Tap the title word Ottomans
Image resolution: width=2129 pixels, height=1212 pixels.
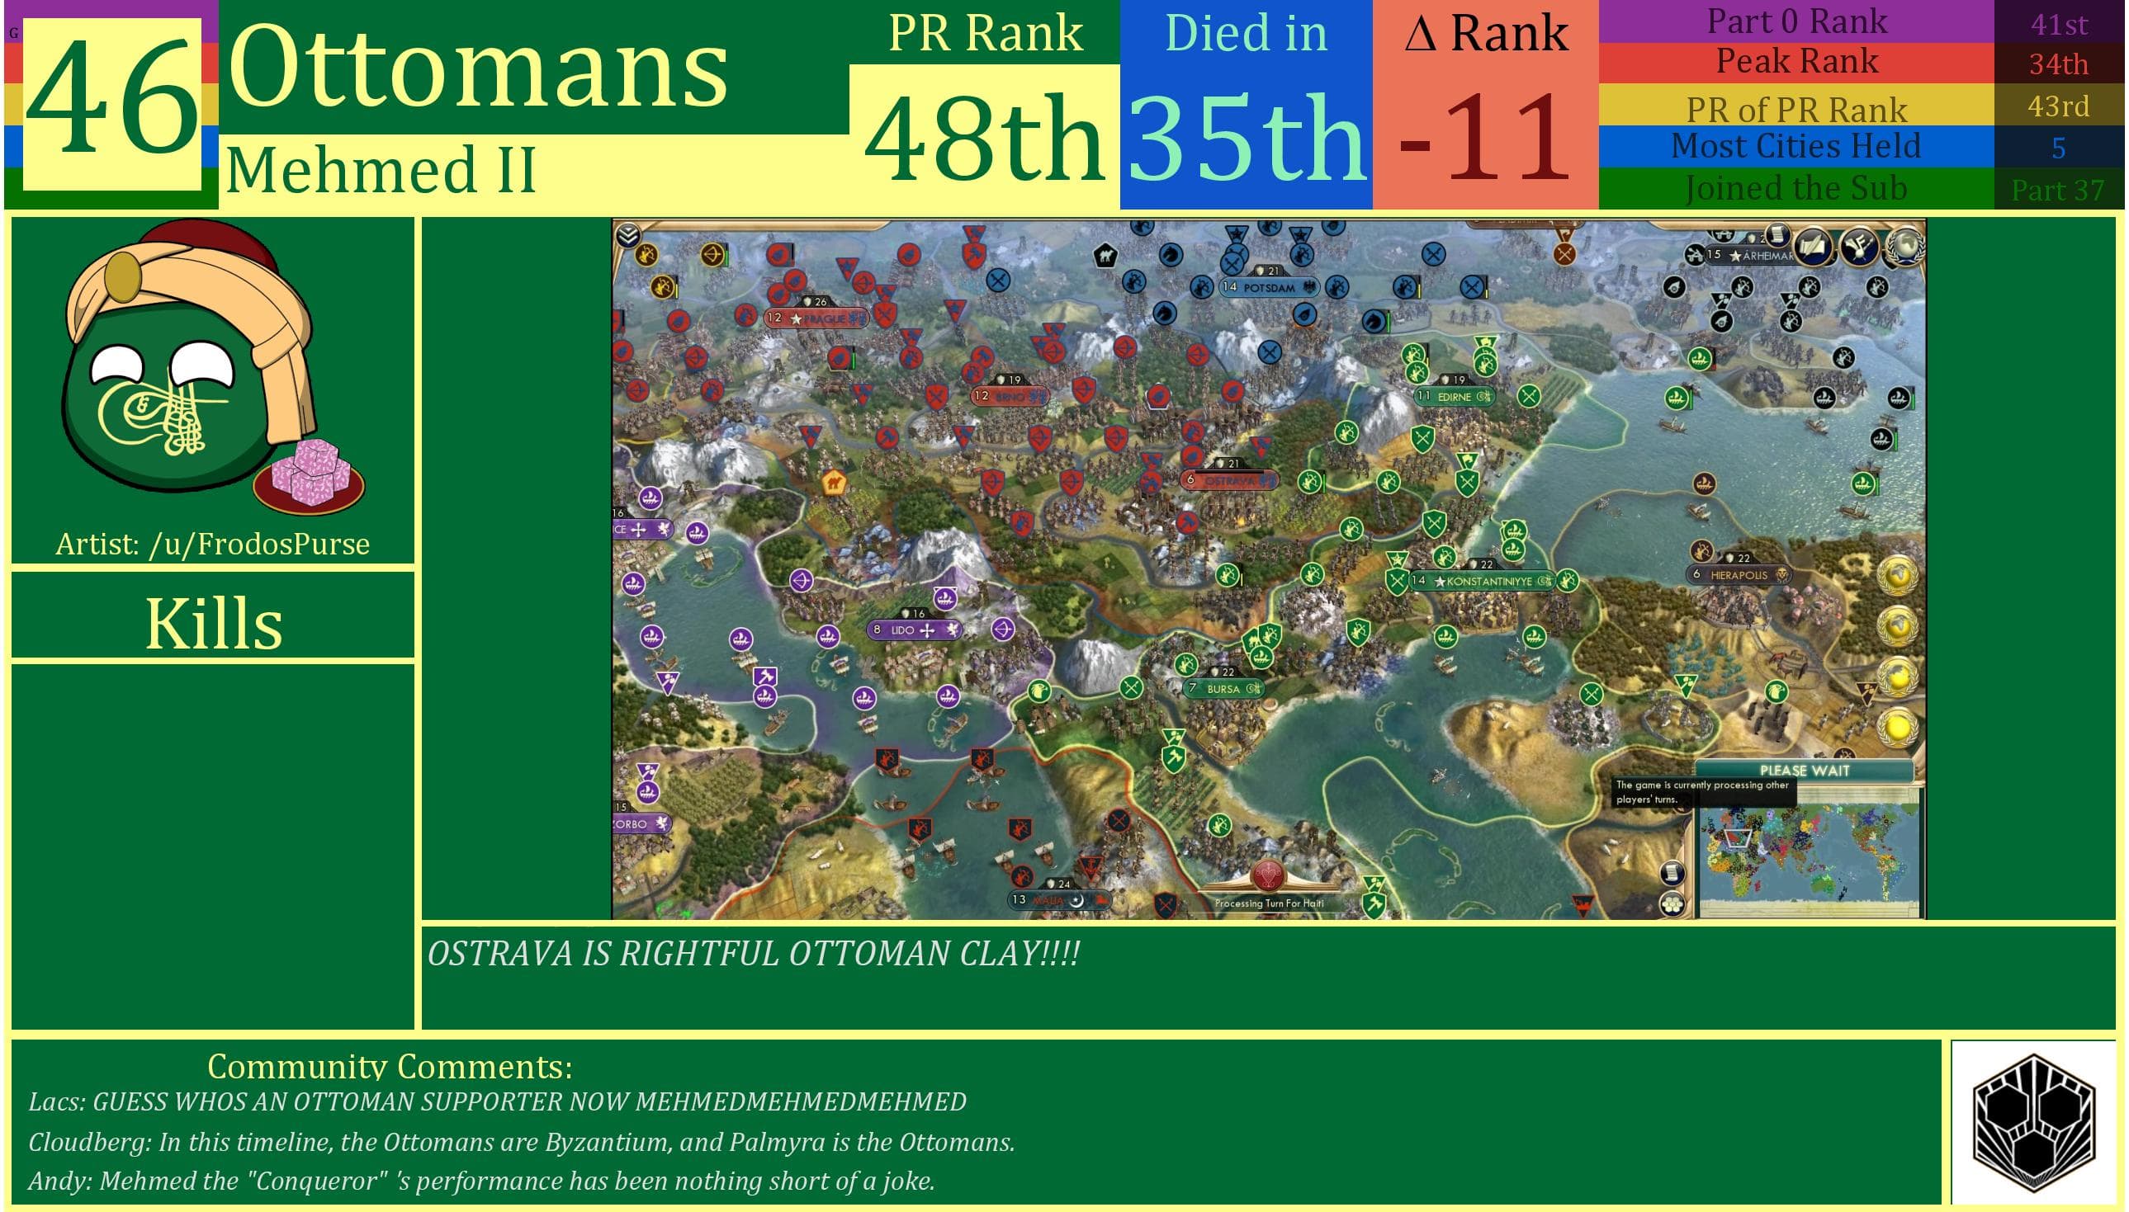(479, 67)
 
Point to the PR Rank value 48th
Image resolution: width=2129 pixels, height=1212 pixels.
(984, 138)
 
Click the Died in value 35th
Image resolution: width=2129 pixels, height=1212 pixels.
(1246, 138)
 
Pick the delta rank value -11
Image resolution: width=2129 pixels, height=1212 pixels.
(1484, 138)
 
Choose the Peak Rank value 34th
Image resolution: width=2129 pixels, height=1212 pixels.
(2058, 64)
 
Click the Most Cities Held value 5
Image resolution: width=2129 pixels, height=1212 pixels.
(2058, 149)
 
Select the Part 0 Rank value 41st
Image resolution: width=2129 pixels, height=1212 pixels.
(2058, 24)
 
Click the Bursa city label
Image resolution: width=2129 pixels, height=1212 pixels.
(1223, 688)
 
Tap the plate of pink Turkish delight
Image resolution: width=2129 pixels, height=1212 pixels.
(309, 479)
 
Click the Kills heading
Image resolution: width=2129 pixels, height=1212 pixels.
(213, 623)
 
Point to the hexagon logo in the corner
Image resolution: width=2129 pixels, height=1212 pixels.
(2033, 1120)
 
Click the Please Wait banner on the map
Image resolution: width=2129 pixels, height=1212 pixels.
(1804, 770)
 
